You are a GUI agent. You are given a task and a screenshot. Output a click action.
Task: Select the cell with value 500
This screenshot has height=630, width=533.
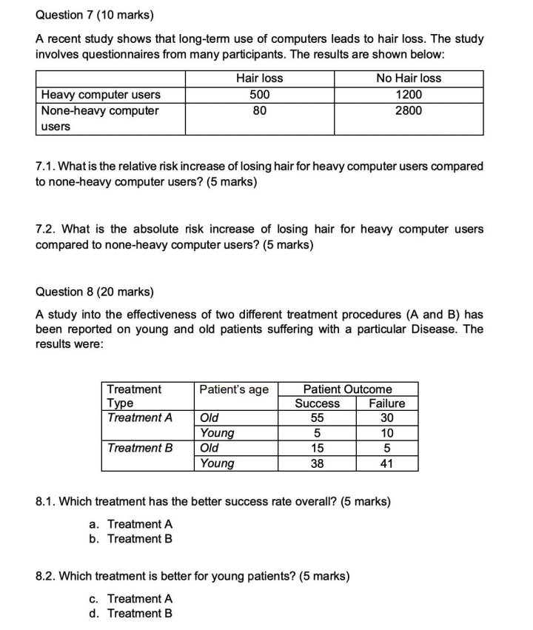259,94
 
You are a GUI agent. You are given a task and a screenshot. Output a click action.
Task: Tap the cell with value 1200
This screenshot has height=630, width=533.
409,94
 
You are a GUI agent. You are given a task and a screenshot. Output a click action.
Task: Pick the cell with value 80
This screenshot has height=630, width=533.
259,110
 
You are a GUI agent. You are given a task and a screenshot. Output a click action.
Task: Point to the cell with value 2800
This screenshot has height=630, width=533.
409,110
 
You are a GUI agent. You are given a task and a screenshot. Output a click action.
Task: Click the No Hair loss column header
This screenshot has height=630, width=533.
409,78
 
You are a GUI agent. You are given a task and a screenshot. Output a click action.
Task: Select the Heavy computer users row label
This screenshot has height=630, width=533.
101,94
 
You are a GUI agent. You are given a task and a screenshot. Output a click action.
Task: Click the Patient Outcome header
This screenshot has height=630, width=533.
348,389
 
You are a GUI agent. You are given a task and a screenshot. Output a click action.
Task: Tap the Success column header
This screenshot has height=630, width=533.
317,403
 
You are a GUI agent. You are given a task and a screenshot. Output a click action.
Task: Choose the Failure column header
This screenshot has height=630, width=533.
386,403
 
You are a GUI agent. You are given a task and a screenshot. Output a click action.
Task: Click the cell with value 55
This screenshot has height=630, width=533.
317,418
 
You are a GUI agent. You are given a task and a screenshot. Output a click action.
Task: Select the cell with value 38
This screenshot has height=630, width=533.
317,463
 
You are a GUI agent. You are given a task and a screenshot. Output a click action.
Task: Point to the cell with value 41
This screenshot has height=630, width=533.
386,463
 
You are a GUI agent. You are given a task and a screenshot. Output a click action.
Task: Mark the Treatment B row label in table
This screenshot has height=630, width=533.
140,448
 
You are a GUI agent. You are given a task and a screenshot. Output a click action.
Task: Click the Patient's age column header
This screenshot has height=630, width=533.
235,389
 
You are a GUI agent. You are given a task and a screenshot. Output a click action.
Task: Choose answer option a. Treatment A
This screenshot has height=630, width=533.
131,524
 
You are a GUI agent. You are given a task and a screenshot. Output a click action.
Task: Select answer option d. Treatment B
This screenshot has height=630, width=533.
131,613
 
